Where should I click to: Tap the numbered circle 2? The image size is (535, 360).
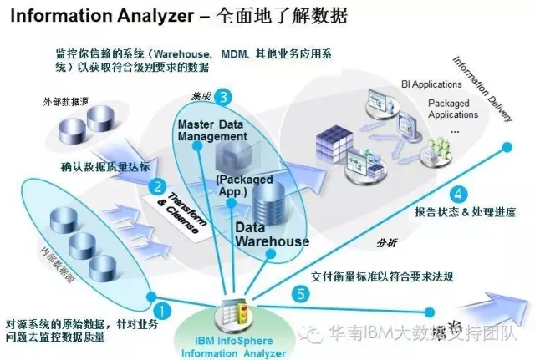[156, 186]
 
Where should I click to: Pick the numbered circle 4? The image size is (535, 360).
[458, 190]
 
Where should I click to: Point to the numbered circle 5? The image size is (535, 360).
[301, 294]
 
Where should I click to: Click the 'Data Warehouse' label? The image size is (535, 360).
[271, 234]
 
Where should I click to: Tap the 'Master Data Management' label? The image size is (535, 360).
[212, 130]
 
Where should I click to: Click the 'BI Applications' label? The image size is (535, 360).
[431, 84]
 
